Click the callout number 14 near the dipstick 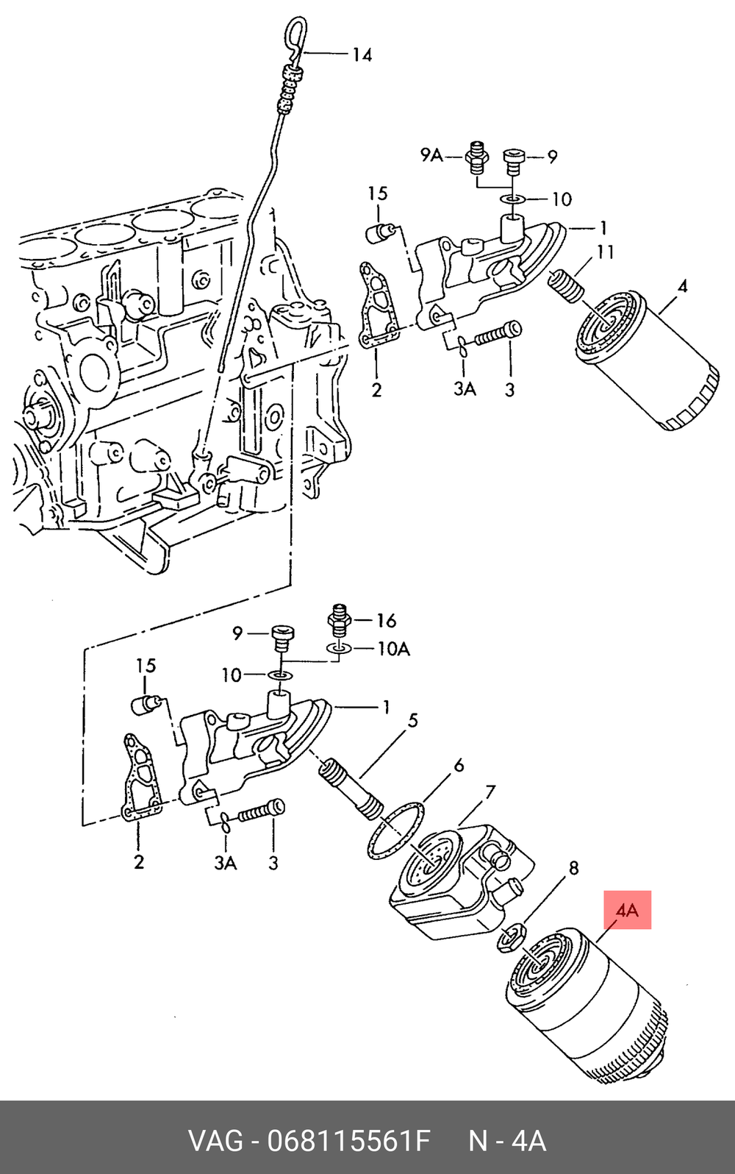(x=362, y=54)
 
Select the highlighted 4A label (x=627, y=910)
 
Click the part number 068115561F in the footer (x=349, y=1140)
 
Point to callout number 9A (x=431, y=155)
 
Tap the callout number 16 (x=387, y=621)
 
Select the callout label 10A (x=394, y=650)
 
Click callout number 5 (x=413, y=720)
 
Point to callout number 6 (x=459, y=765)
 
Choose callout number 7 (x=490, y=792)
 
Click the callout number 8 (x=574, y=868)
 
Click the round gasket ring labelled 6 (x=395, y=830)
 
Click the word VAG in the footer (x=215, y=1140)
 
